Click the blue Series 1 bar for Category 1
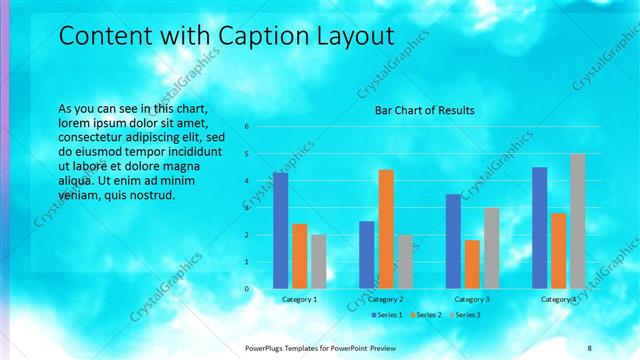(280, 231)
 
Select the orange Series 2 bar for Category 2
(385, 229)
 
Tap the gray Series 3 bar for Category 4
(577, 221)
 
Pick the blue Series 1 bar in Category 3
(453, 241)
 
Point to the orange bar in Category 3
(472, 264)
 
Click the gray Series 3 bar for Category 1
(318, 262)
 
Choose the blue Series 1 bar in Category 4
(539, 228)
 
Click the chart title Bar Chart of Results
(424, 110)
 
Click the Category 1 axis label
(299, 299)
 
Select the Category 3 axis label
(472, 299)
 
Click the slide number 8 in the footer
(590, 347)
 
